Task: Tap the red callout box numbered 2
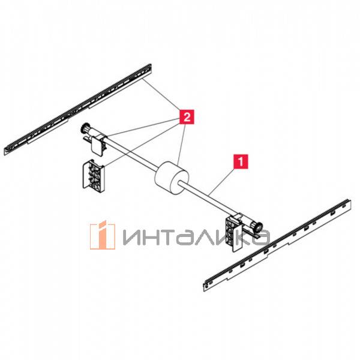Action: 187,116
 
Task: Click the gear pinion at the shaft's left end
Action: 83,129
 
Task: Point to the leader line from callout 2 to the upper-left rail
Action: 162,99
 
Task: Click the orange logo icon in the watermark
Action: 102,235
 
